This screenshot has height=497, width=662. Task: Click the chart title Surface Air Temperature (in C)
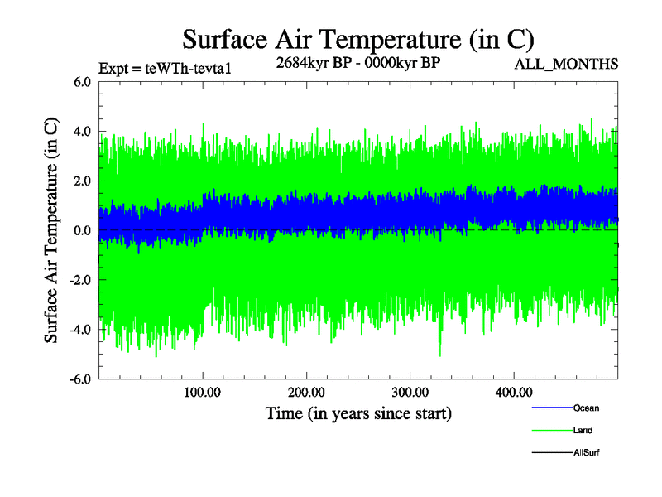click(358, 39)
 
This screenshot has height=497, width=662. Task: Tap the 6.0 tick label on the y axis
click(83, 82)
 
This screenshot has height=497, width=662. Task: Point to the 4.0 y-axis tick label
click(83, 132)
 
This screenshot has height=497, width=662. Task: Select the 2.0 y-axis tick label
click(83, 181)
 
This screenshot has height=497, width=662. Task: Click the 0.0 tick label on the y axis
click(83, 231)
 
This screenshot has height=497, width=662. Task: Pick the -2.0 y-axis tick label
click(80, 281)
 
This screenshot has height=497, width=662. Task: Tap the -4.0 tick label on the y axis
click(80, 331)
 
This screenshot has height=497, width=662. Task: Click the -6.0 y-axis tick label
click(80, 379)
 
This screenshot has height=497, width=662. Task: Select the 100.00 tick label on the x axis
click(203, 392)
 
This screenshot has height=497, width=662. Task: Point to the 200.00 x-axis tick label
click(306, 392)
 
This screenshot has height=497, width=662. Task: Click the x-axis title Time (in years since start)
click(358, 413)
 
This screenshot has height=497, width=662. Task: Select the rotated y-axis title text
click(52, 230)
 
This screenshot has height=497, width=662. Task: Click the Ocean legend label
click(586, 408)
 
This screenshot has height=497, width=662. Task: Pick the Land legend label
click(583, 431)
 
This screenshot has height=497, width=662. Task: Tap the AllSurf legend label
click(587, 453)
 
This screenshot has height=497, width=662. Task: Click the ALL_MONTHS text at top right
click(566, 64)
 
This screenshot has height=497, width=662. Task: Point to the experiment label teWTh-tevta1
click(164, 69)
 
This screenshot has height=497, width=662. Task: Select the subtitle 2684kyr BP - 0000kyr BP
click(357, 63)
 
